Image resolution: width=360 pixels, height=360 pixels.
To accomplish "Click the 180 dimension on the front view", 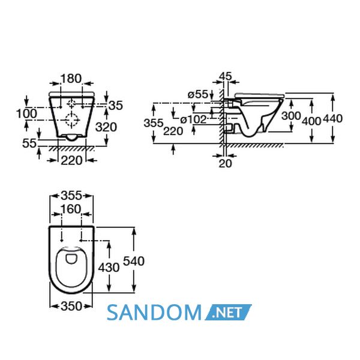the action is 71,79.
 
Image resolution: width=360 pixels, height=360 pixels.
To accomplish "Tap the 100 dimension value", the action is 26,114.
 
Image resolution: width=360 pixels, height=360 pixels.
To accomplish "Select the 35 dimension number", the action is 116,106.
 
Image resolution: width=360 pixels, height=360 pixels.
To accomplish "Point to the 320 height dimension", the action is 106,127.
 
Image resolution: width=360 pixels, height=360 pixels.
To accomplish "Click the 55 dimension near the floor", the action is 29,143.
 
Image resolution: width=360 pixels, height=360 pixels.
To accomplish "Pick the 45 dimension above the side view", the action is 226,76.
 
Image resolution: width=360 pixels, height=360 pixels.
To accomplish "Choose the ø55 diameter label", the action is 197,94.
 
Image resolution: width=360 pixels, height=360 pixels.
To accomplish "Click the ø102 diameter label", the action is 193,119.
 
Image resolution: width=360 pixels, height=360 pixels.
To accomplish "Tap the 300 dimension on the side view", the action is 291,116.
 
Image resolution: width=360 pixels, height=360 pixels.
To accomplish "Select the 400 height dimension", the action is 311,121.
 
